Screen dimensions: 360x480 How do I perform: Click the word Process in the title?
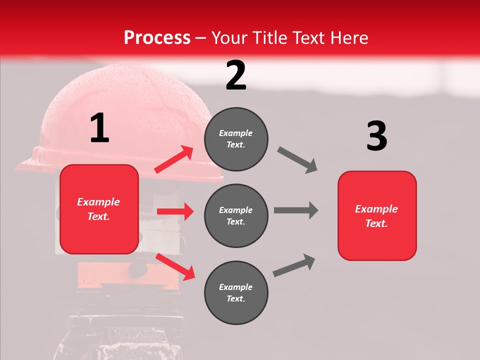[x=157, y=38]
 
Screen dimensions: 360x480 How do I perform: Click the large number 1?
[x=99, y=128]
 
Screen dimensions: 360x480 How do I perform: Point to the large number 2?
[x=236, y=75]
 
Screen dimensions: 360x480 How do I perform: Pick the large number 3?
[x=376, y=136]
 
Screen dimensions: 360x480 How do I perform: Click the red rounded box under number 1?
[x=99, y=209]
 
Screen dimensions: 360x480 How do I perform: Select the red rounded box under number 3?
[x=377, y=216]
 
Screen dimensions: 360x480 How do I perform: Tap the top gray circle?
[x=236, y=139]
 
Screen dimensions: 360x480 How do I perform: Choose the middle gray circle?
[x=236, y=215]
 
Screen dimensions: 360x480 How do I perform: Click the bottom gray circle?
[x=236, y=292]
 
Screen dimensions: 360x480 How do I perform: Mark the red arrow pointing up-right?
[x=174, y=159]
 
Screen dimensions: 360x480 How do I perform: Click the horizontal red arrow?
[x=175, y=211]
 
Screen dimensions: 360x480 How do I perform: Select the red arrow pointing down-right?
[x=175, y=266]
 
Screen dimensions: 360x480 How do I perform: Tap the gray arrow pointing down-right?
[x=297, y=160]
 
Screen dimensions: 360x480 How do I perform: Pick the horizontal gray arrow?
[x=295, y=210]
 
